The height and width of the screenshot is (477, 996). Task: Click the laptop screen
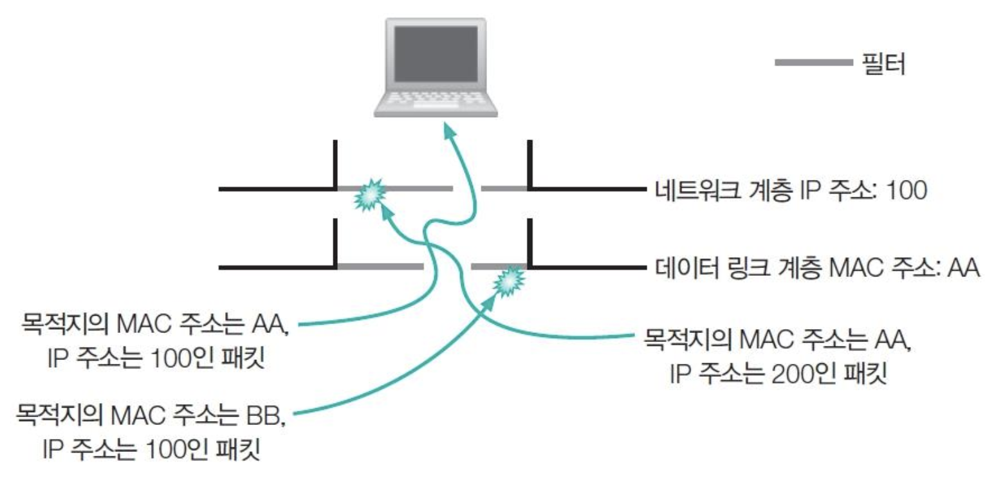tap(436, 54)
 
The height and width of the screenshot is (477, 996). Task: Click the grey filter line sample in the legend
tap(813, 63)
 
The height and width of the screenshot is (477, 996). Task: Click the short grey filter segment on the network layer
tap(504, 189)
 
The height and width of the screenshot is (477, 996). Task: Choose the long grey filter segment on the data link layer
tap(380, 265)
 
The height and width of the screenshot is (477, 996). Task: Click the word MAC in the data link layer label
tap(862, 267)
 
